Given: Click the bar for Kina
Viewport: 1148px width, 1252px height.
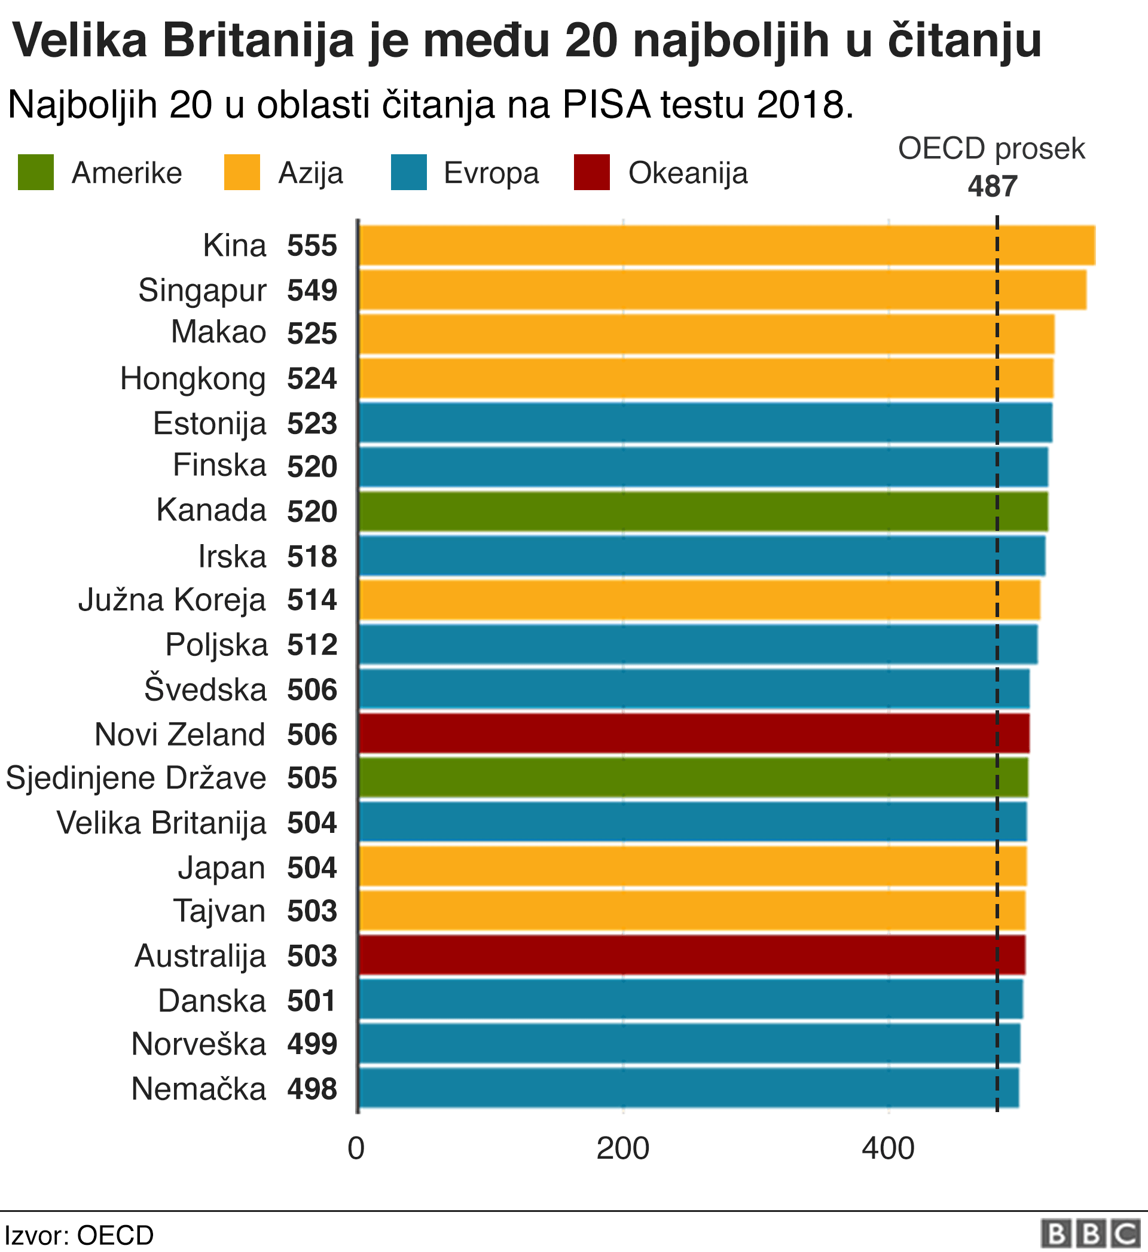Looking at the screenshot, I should [x=727, y=245].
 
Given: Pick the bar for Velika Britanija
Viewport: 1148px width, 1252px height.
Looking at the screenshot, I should [x=692, y=822].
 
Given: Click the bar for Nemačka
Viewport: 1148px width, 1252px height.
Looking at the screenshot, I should [x=689, y=1089].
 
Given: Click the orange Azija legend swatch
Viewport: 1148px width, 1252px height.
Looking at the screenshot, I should [x=242, y=173].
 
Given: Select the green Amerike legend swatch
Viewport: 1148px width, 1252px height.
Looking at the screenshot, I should [x=35, y=173].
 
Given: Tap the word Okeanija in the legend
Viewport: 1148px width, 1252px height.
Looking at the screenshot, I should [x=688, y=173].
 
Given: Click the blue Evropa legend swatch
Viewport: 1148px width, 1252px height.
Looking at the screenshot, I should [x=409, y=173].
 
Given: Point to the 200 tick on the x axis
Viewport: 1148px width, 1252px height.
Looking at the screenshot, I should [x=622, y=1150].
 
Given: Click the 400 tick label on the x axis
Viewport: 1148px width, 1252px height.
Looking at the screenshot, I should [x=888, y=1150].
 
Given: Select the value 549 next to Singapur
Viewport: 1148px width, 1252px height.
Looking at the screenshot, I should [x=312, y=291].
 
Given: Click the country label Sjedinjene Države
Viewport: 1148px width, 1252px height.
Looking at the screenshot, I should [x=136, y=778].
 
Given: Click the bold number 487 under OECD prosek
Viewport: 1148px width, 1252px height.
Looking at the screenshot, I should [x=992, y=187].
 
